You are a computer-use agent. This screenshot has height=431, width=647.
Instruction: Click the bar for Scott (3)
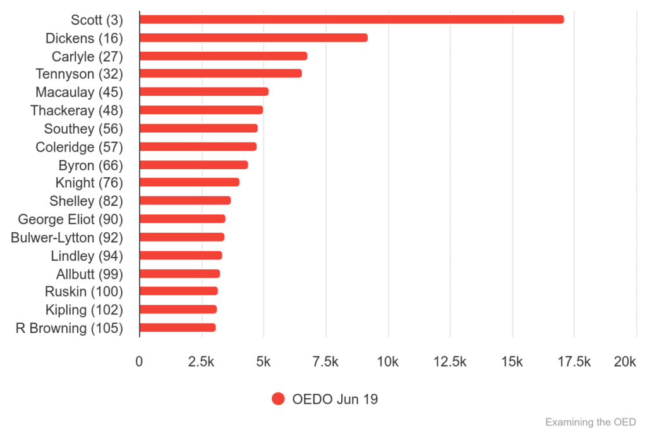(x=351, y=20)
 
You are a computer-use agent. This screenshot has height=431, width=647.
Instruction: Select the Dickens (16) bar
(x=253, y=38)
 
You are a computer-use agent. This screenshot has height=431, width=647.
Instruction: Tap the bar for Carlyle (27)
(x=223, y=56)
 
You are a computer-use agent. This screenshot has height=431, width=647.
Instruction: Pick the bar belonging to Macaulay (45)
(x=203, y=92)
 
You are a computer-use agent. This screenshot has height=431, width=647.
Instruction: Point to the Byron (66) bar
(x=193, y=165)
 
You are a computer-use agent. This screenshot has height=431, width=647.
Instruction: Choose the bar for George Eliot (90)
(x=182, y=219)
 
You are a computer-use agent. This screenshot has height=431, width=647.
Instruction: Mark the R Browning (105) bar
(x=178, y=328)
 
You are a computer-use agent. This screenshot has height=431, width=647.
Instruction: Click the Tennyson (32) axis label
(x=79, y=74)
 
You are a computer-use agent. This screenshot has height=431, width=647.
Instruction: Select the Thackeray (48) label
(x=76, y=110)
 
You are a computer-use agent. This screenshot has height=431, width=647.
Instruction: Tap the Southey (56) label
(x=83, y=129)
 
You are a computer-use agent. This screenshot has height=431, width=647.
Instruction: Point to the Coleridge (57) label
(x=79, y=147)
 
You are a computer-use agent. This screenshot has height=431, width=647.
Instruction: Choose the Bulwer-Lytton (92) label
(x=67, y=238)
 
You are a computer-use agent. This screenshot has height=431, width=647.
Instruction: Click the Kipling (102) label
(x=84, y=310)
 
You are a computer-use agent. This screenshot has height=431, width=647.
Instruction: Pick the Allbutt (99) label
(x=89, y=274)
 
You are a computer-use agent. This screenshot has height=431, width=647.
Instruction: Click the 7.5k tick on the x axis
(x=326, y=362)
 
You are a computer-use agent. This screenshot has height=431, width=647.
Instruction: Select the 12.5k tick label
(x=450, y=362)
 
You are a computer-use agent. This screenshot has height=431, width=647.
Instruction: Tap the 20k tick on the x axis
(x=625, y=362)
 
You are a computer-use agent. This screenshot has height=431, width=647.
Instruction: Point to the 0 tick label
(x=139, y=362)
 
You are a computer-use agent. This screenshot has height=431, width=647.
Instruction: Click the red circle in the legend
(x=278, y=399)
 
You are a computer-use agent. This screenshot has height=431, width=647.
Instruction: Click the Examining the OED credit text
(x=590, y=422)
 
